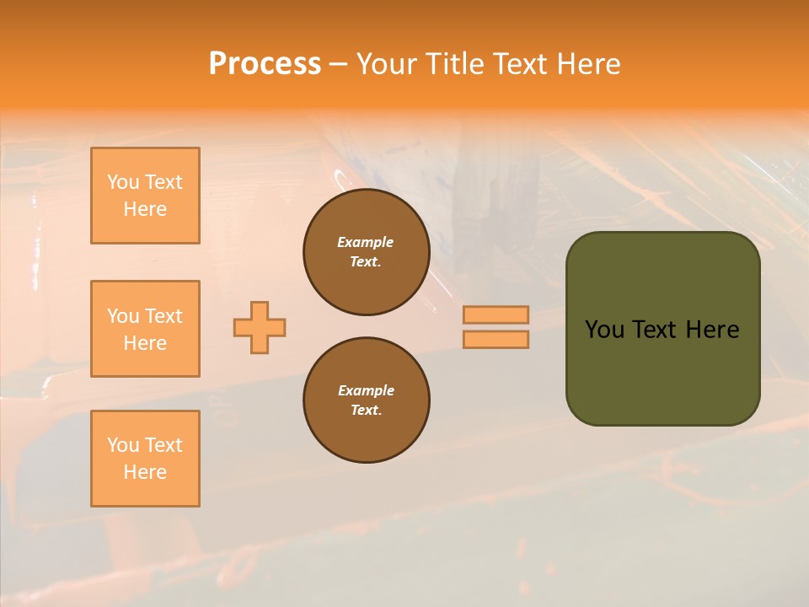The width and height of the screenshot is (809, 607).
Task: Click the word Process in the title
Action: [x=265, y=64]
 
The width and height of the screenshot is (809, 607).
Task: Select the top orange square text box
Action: [x=145, y=196]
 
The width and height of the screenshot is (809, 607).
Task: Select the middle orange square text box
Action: [x=145, y=329]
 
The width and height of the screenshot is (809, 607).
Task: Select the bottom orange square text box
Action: [x=145, y=459]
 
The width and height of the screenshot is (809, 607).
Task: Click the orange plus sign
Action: [x=260, y=327]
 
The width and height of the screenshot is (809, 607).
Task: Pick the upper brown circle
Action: [x=367, y=252]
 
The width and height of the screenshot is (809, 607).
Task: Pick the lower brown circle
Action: [x=367, y=400]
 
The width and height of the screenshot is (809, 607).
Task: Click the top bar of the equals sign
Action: [x=496, y=315]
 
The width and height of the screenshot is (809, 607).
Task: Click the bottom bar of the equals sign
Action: [x=496, y=339]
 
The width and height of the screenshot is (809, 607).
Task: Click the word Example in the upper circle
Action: [x=366, y=242]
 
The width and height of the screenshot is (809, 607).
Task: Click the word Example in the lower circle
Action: [x=366, y=390]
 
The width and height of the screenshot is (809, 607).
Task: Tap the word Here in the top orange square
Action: [x=145, y=209]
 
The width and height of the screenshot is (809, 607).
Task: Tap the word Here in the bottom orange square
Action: [x=145, y=472]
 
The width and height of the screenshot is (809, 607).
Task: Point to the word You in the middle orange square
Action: [x=121, y=316]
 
